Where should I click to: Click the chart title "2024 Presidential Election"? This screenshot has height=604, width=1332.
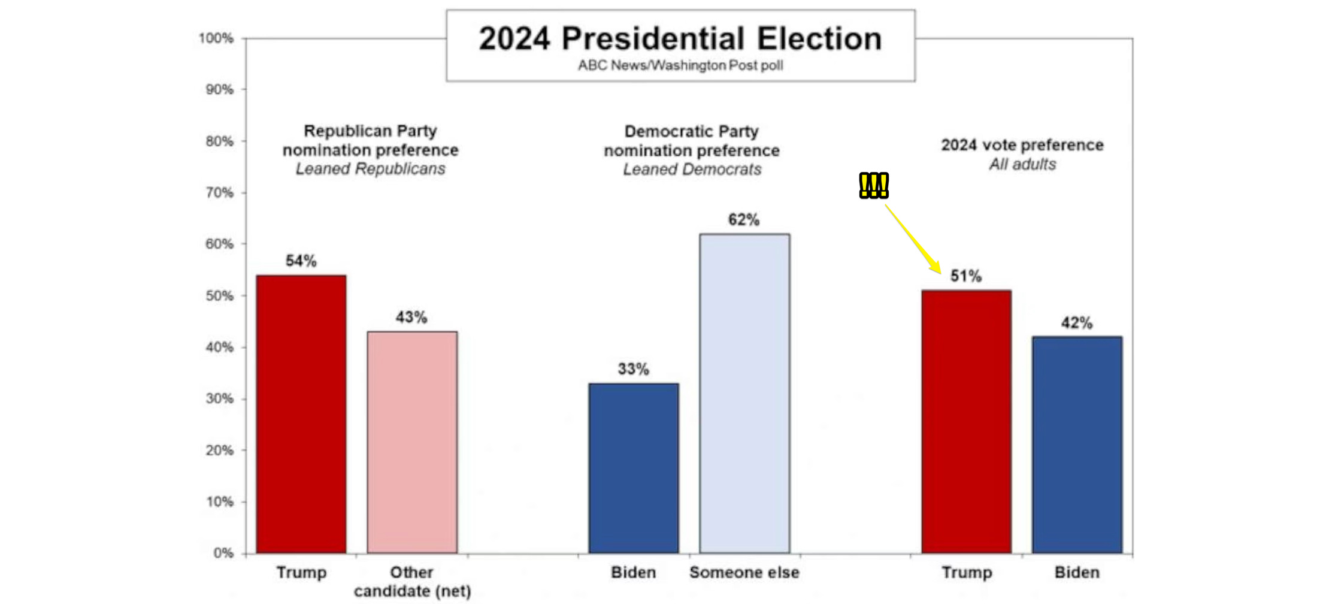(x=680, y=39)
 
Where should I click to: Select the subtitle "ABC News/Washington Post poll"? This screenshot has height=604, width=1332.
(x=680, y=65)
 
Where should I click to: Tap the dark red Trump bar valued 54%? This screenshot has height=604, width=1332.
(x=301, y=413)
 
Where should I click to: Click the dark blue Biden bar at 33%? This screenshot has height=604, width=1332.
(x=634, y=467)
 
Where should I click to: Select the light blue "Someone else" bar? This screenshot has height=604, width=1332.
(x=744, y=392)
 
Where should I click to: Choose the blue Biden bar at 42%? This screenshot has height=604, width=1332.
(x=1077, y=444)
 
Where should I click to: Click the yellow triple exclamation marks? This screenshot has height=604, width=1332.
(x=874, y=185)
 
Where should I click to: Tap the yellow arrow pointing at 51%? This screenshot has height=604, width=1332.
(x=912, y=237)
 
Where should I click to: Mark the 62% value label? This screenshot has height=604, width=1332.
(x=744, y=220)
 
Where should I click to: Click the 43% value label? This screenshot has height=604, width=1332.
(x=411, y=317)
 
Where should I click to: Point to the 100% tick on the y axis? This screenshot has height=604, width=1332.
(x=216, y=38)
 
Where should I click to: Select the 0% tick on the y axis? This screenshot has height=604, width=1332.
(x=223, y=553)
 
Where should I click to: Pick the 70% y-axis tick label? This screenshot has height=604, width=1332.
(x=219, y=193)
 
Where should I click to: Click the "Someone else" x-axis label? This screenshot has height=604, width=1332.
(x=744, y=572)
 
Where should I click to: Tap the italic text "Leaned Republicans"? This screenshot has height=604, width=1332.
(x=370, y=169)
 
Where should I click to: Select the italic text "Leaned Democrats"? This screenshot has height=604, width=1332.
(x=692, y=170)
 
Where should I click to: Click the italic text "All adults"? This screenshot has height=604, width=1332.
(x=1022, y=164)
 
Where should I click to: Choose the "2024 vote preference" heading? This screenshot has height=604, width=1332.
(x=1022, y=145)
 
